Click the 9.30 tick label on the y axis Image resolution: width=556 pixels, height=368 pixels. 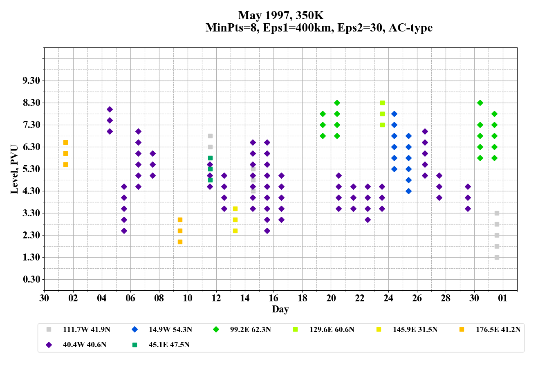coord(31,81)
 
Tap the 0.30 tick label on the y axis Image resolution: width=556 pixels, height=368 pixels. coord(31,279)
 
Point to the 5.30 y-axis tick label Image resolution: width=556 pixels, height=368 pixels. coord(31,169)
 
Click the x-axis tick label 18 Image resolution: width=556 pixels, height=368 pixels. coord(303,298)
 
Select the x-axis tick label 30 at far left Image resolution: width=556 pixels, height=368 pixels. coord(44,298)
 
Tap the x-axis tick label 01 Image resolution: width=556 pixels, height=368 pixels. coord(503,298)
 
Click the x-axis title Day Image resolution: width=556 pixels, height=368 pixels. coord(280,309)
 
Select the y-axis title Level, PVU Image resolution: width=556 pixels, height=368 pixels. coord(15,169)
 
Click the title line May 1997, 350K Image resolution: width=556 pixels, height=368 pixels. coord(281,16)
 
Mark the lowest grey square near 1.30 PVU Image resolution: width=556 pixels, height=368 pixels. coord(497,257)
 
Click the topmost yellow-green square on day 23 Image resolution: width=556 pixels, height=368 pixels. coord(382,103)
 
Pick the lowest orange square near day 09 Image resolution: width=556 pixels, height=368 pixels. coord(180,242)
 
